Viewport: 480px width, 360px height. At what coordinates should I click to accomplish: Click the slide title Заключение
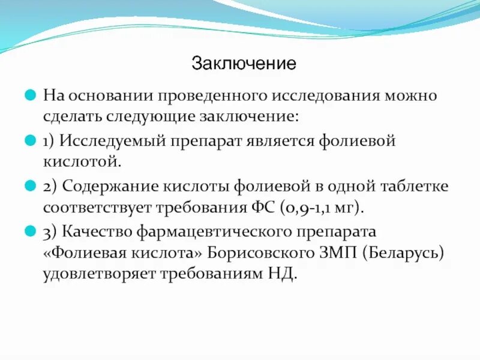244,63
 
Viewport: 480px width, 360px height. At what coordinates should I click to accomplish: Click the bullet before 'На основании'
29,95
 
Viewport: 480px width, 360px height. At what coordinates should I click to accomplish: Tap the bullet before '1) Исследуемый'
29,141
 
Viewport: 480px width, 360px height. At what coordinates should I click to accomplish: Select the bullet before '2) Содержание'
29,186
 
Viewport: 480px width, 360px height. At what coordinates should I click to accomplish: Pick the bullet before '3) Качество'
29,231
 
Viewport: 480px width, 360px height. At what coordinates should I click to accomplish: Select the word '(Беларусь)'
403,253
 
